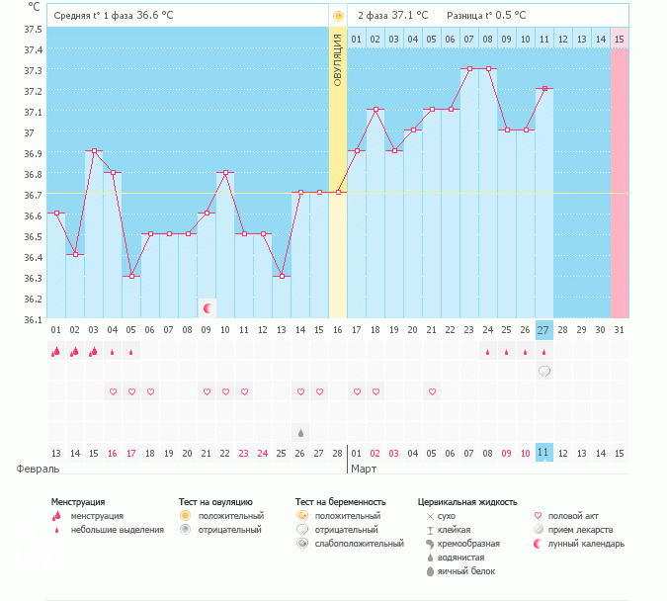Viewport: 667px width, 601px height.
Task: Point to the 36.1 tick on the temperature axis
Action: pos(32,319)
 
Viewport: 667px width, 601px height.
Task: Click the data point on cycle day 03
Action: pos(94,151)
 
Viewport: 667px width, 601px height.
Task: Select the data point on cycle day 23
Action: pos(469,68)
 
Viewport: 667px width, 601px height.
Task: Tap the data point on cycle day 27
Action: pos(544,89)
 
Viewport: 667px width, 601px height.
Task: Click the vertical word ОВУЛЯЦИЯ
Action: pos(338,59)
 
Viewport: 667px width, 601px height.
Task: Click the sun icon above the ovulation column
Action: pos(338,16)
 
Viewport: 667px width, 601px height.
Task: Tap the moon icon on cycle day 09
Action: pos(207,308)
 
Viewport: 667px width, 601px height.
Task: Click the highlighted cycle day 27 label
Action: pos(544,330)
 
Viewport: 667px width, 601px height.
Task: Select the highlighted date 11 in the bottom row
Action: pos(544,453)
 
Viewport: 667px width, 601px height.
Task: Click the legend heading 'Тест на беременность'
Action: pos(340,502)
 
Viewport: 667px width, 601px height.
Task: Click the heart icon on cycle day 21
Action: pos(432,391)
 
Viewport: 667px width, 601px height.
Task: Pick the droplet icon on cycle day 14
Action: pos(300,432)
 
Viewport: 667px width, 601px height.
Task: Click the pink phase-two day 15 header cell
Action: pos(620,39)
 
